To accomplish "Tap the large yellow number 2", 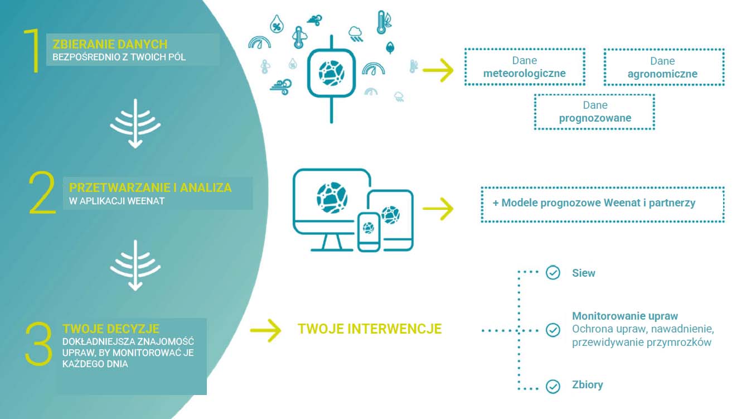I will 43,193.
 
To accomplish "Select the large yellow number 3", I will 39,344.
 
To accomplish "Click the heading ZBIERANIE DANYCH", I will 110,44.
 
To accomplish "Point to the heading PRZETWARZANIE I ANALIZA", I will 150,187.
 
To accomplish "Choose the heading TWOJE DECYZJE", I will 111,328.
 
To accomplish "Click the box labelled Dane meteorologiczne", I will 524,67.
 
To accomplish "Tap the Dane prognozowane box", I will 594,112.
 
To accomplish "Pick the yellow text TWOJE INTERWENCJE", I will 370,329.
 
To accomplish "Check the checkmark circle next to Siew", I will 553,273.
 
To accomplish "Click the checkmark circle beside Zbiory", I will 553,386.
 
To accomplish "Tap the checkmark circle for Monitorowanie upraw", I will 553,330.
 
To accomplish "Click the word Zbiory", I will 587,385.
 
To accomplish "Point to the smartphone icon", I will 369,230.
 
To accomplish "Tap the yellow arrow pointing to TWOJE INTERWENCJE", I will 265,330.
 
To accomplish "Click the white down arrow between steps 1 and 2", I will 135,128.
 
